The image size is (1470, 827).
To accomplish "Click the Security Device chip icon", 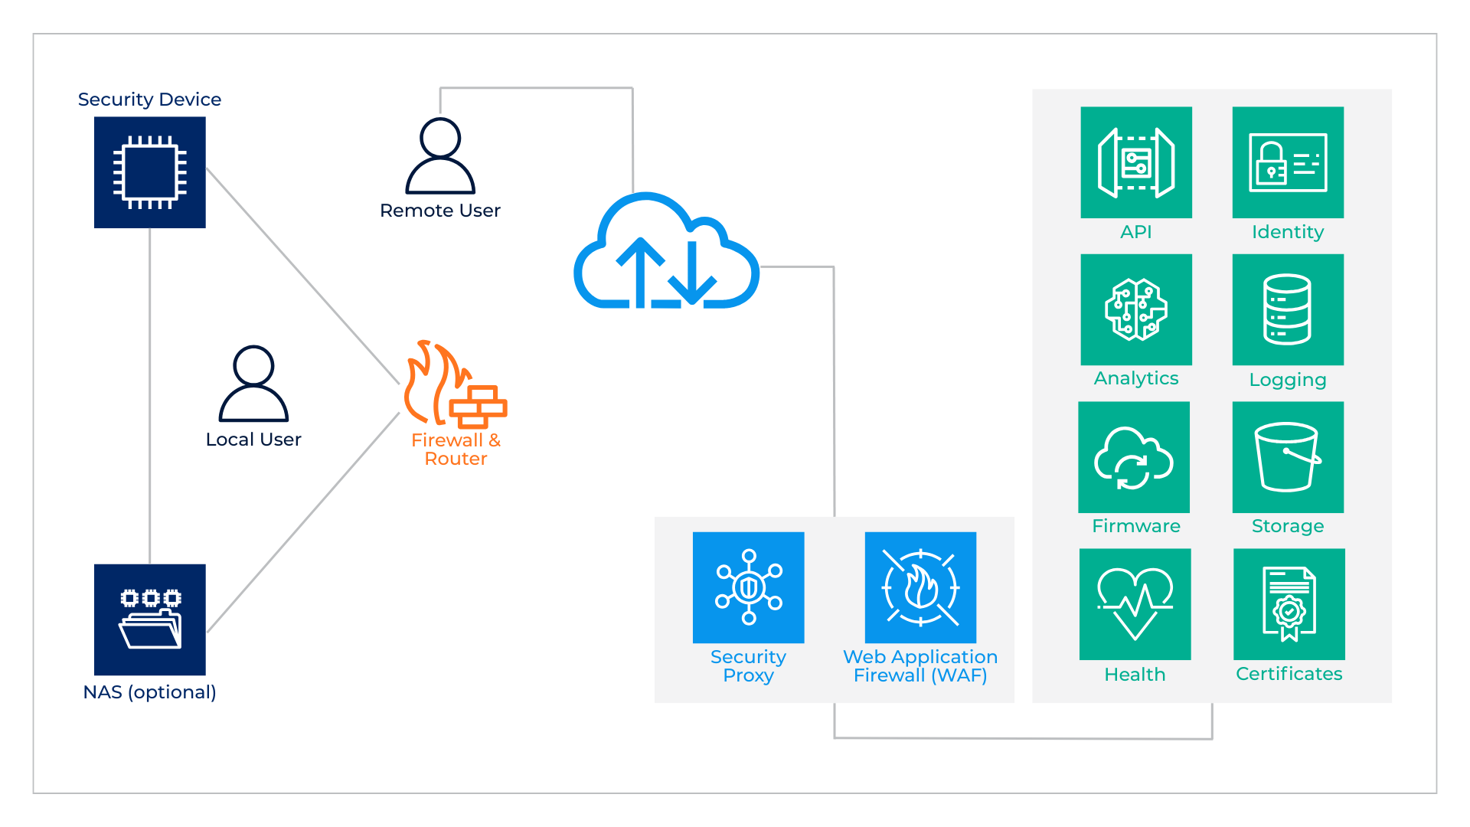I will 149,172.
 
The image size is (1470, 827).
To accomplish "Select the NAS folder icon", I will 149,619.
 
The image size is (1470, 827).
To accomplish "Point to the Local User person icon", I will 253,384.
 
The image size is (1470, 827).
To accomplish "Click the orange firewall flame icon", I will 455,384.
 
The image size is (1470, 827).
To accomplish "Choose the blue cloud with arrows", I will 666,253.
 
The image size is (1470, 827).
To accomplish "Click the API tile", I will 1136,162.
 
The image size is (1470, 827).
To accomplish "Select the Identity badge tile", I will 1288,162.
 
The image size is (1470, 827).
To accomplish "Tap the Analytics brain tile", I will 1136,309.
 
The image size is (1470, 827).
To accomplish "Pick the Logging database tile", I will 1288,309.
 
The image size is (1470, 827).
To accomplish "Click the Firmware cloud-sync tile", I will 1134,457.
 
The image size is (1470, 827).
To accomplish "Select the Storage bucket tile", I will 1288,457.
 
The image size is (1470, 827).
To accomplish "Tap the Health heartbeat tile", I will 1135,604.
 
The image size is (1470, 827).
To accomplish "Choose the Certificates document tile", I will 1289,604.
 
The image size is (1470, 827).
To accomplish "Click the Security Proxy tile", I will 748,587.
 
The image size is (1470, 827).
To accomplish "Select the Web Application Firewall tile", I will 920,587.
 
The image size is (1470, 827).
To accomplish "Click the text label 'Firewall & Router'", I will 456,449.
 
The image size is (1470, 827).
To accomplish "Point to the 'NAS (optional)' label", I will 149,692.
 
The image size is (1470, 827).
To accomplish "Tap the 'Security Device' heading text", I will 149,100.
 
